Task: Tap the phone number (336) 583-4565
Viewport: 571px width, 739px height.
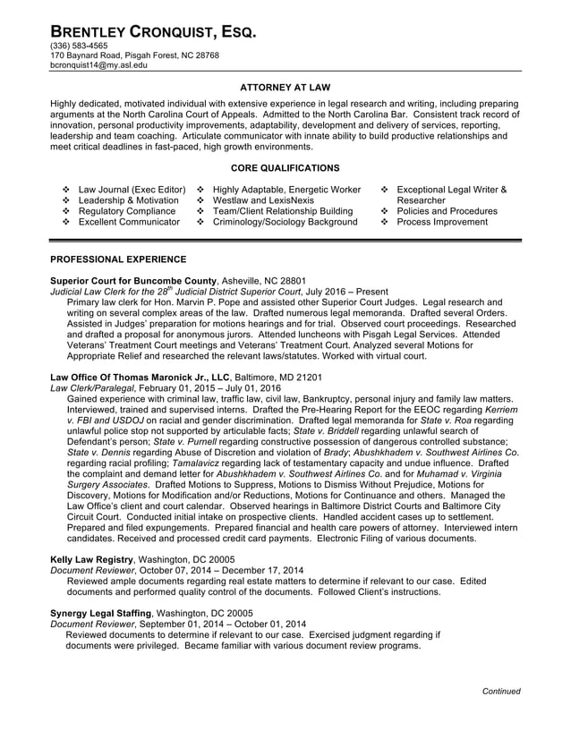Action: [79, 46]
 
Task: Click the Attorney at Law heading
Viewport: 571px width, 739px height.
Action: [285, 88]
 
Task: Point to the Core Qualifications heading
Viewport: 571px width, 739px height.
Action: [285, 167]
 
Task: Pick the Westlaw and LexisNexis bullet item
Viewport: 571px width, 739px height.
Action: [263, 200]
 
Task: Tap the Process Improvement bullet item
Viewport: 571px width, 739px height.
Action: [442, 222]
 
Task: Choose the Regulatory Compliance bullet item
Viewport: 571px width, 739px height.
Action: [128, 211]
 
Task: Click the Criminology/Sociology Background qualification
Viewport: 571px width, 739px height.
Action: [285, 222]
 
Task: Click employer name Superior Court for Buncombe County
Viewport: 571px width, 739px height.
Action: [133, 280]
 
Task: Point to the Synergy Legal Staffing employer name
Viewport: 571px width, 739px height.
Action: [100, 613]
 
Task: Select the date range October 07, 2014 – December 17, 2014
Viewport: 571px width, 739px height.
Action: [220, 570]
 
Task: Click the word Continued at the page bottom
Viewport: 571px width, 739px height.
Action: [500, 692]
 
